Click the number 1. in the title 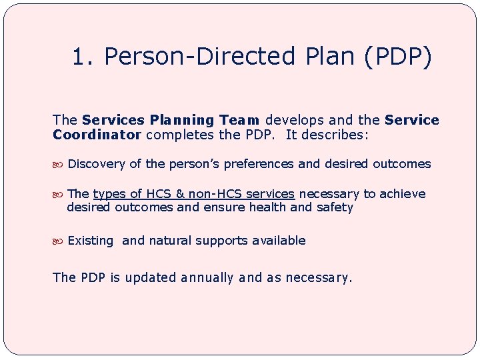tap(83, 57)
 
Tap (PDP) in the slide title tap(399, 57)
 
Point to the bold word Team tap(239, 121)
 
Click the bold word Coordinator tap(97, 135)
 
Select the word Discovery tap(96, 164)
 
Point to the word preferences tap(259, 164)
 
